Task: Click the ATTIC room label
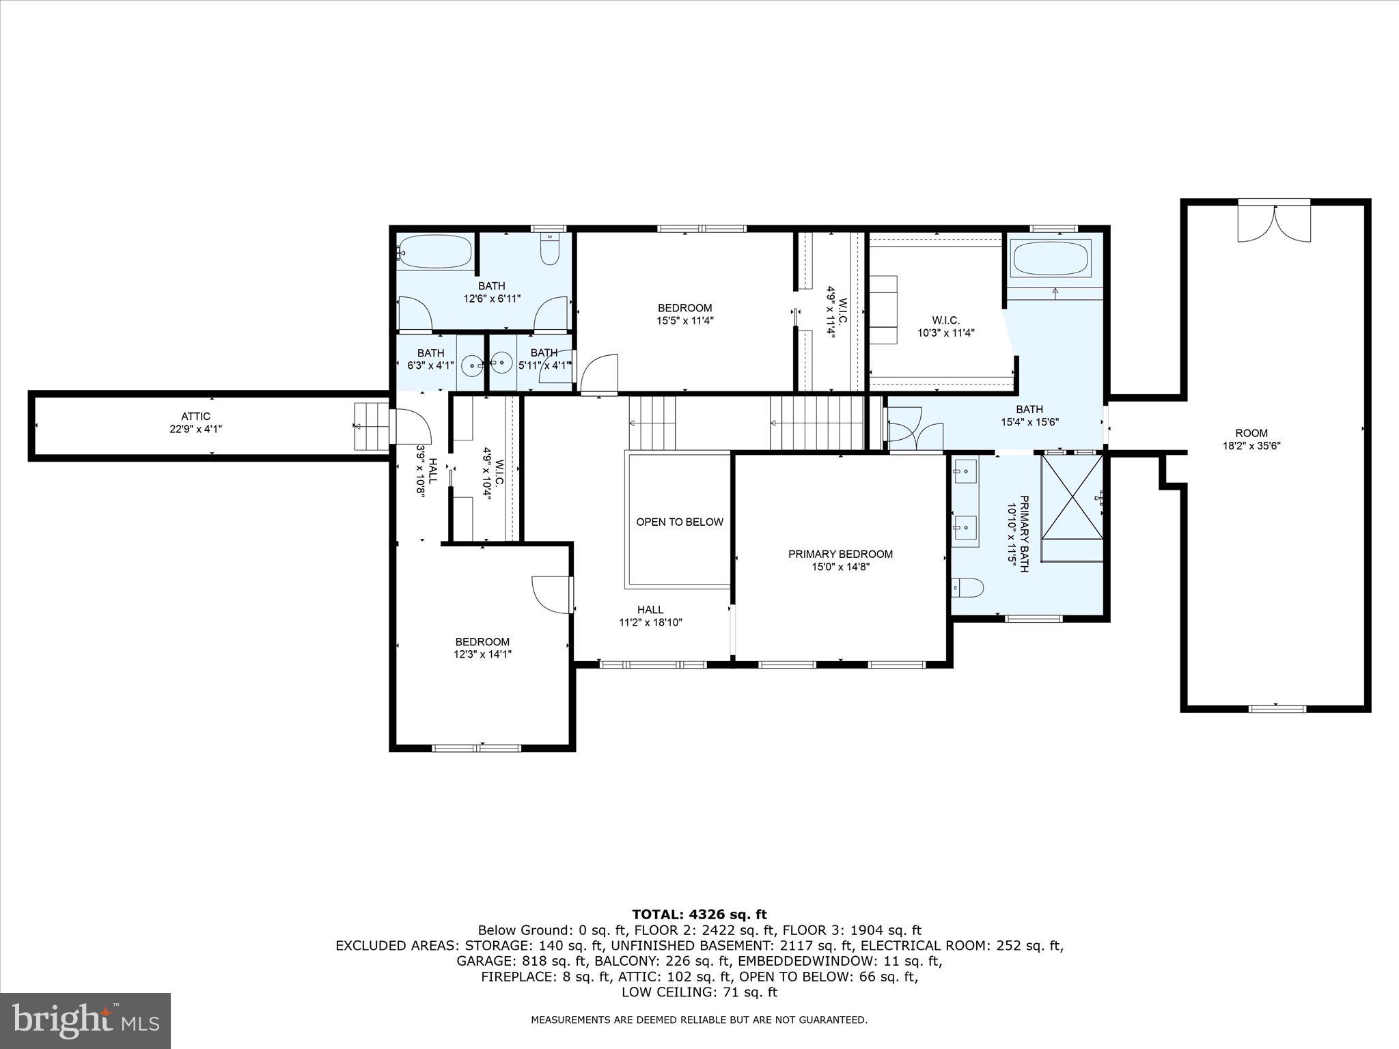click(195, 416)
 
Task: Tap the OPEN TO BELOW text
click(679, 522)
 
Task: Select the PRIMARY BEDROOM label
click(840, 554)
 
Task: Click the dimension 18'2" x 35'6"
click(1251, 446)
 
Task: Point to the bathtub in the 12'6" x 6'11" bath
click(434, 252)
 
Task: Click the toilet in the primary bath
click(967, 587)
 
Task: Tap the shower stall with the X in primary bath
click(1071, 497)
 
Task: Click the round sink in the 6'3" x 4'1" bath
click(472, 365)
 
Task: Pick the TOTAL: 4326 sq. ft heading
click(699, 914)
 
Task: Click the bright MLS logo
click(85, 1020)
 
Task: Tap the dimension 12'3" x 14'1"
click(482, 654)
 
